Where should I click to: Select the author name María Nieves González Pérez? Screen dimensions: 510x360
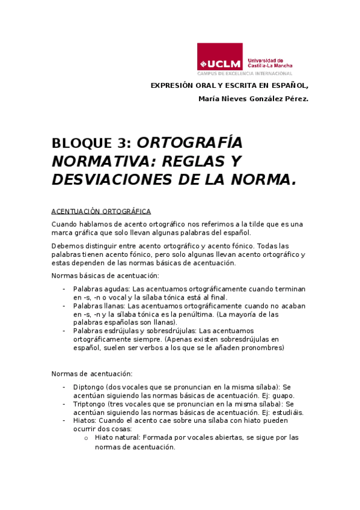[253, 99]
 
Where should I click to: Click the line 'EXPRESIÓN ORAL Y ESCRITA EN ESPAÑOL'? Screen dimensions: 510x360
[229, 85]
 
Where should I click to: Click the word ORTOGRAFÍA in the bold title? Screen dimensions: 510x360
[189, 143]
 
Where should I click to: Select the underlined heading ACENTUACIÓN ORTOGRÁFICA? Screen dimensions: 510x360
[101, 211]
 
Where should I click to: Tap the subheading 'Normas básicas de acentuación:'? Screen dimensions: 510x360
[105, 275]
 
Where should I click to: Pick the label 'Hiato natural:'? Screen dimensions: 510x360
[117, 437]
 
